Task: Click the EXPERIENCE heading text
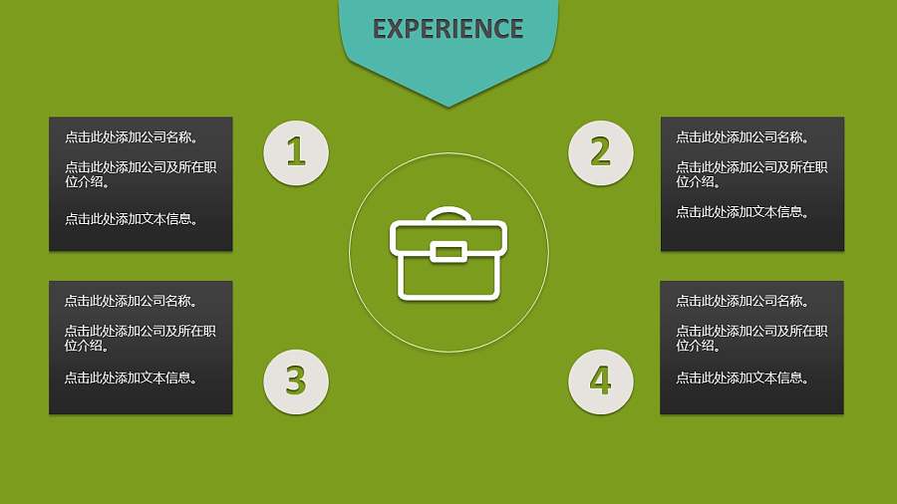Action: [x=448, y=29]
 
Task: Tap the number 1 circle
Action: [x=296, y=152]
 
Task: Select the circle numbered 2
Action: [x=600, y=152]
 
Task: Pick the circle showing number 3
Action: [x=296, y=380]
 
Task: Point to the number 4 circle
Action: [x=600, y=380]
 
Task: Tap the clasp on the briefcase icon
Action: [x=448, y=251]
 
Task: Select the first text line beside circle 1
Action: [x=131, y=137]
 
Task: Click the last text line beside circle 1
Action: [x=131, y=219]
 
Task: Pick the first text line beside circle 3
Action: [x=131, y=301]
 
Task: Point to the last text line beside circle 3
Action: [x=131, y=378]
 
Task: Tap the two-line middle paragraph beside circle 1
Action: [x=141, y=174]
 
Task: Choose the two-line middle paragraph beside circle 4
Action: [x=751, y=339]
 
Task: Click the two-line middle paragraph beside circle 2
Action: [x=751, y=174]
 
